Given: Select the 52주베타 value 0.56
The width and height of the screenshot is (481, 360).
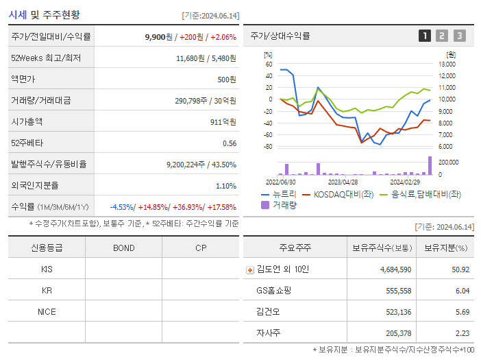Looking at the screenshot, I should (230, 143).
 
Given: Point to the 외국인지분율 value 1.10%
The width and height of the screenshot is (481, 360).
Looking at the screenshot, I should (226, 186).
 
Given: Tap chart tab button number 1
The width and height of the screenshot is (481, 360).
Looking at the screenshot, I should (425, 36).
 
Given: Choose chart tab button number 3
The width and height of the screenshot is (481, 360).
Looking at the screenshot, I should (459, 36).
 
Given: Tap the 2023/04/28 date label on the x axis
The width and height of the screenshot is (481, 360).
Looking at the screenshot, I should (343, 182).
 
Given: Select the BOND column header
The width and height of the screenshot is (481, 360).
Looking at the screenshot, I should (123, 248).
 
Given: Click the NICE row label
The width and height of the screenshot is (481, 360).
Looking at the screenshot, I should (47, 311).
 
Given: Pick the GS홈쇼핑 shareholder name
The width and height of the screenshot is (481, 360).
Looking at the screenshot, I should (273, 290).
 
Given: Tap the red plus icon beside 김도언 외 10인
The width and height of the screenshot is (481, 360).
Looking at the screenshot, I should (249, 269).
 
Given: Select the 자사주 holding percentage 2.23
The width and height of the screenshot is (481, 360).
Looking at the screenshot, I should (461, 333).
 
